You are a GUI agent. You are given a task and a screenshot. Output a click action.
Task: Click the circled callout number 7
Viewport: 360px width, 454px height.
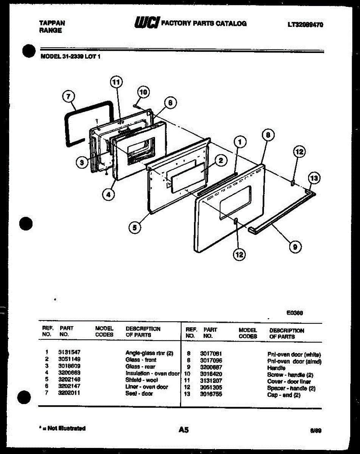68,97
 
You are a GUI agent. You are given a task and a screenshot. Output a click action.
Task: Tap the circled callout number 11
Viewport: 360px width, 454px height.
117,82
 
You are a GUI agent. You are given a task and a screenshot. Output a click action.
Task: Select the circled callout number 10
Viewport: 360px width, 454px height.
143,92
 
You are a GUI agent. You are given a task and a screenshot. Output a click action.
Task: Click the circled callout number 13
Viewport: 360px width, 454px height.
314,177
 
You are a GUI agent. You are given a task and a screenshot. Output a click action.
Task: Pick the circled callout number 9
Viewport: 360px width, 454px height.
295,247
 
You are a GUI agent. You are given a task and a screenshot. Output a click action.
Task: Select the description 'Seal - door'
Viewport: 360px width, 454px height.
139,393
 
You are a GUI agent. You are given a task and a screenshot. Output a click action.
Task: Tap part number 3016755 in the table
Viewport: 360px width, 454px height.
211,394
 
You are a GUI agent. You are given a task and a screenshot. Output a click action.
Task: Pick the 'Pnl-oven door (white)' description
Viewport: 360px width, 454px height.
294,355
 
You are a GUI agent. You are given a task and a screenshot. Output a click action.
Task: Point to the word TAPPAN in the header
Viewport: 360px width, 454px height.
52,23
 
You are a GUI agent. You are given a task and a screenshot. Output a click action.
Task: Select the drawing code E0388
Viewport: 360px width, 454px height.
295,313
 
